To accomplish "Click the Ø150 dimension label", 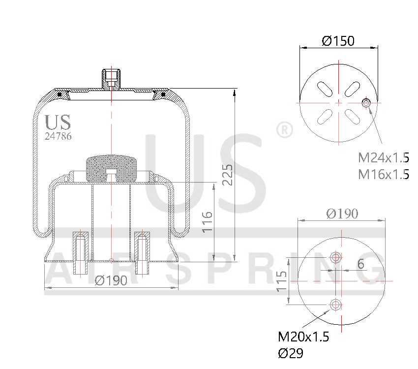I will pos(338,41).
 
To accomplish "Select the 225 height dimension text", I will pos(227,175).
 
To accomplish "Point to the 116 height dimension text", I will pos(207,222).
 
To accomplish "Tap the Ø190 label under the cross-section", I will pos(111,280).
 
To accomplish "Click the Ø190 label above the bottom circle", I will pos(342,214).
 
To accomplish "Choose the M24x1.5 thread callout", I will pos(384,158).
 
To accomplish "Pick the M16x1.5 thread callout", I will pos(384,174).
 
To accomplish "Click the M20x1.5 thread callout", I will pos(303,337).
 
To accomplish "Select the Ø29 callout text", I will pos(291,353).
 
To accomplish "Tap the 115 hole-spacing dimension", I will pos(282,281).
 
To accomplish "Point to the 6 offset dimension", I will pos(361,264).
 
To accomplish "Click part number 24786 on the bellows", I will pos(58,136).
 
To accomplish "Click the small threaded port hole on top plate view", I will pos(366,103).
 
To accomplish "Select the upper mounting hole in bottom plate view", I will pos(336,257).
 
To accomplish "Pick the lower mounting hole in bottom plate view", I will pos(336,305).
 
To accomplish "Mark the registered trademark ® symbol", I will pos(284,130).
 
